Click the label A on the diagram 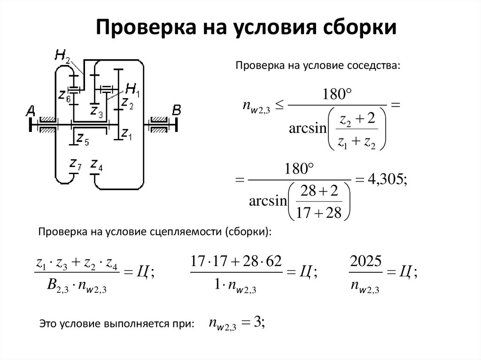pos(31,111)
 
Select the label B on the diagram pos(177,110)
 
